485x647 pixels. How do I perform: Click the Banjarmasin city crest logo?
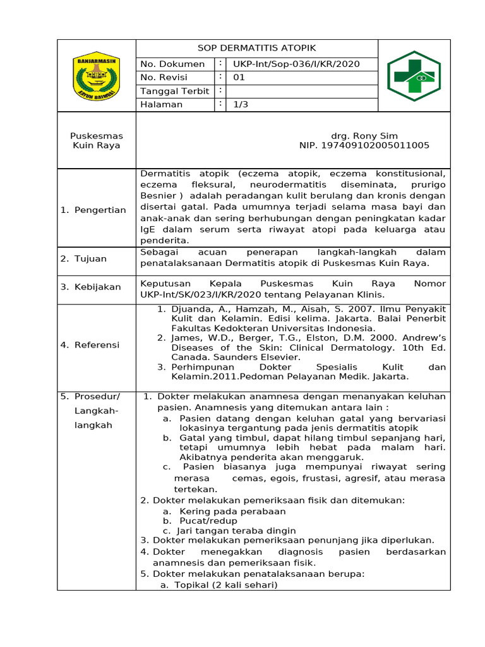click(x=96, y=76)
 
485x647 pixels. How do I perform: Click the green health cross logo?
click(x=414, y=76)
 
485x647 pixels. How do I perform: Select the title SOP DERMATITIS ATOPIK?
click(x=256, y=48)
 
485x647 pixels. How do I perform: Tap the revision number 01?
click(x=239, y=78)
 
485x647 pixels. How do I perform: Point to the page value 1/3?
click(x=241, y=105)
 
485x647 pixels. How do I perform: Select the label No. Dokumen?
click(x=172, y=64)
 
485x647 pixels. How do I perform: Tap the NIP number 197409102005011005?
click(x=364, y=145)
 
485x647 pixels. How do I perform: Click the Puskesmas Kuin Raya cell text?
click(x=97, y=140)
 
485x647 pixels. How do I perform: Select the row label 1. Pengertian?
click(x=93, y=210)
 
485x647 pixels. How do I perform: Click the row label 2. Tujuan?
click(x=84, y=258)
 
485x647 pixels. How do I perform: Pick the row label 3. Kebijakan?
click(x=91, y=287)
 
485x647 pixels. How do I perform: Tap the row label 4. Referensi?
click(x=90, y=345)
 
